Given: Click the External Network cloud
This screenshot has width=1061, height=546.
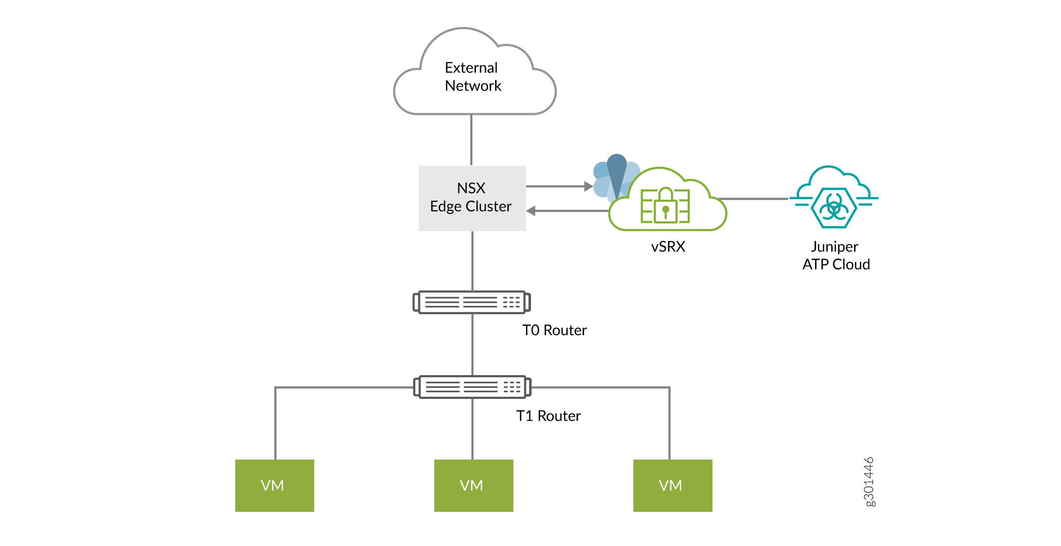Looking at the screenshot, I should click(474, 76).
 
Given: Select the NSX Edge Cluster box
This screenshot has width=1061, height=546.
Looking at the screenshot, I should click(472, 198).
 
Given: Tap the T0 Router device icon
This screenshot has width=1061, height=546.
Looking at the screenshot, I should click(471, 302).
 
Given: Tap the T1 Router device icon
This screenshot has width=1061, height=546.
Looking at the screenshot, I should click(472, 387).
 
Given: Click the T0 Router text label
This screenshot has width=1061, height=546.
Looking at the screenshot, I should click(554, 331).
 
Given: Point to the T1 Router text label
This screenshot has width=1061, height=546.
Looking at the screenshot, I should click(548, 416).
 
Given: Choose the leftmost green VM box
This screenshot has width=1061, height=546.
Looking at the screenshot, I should click(274, 485).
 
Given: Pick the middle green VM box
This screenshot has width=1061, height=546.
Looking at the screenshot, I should click(473, 485).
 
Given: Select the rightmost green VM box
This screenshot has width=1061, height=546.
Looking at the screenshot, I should click(672, 485).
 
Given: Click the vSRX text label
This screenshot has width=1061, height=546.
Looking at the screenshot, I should click(668, 247).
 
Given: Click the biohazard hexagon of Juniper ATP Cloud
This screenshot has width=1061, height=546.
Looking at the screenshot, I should click(834, 207).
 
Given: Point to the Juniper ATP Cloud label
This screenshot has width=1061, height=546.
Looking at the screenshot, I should click(836, 255).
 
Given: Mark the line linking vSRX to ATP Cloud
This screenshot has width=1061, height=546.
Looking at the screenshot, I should click(753, 199).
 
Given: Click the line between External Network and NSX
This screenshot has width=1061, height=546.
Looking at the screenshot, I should click(471, 140).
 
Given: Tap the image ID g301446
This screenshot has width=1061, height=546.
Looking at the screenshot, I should click(869, 481).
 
